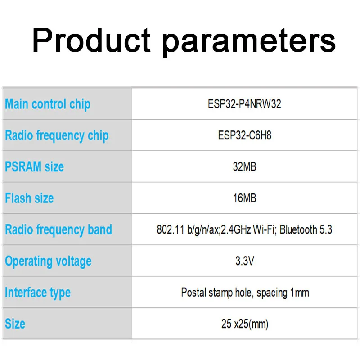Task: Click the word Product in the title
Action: tap(91, 40)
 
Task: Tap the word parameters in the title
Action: tap(249, 43)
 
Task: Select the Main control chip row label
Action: tap(48, 104)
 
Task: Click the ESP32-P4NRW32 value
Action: tap(244, 104)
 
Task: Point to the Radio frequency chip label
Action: tap(57, 136)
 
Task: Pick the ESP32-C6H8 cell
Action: tap(244, 135)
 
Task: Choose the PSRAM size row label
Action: tap(35, 166)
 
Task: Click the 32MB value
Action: tap(244, 166)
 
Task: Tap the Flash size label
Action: tap(29, 198)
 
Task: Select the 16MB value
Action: tap(244, 198)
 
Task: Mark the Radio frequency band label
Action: tap(58, 230)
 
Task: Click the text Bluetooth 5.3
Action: tap(306, 229)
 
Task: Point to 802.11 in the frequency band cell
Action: tap(171, 229)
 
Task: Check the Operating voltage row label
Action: tap(48, 262)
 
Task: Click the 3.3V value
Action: tap(245, 261)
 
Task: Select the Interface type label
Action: tap(38, 293)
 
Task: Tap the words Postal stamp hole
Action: tap(217, 293)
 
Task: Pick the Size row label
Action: tap(15, 324)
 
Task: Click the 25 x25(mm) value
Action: tap(245, 324)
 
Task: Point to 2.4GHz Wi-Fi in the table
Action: tap(248, 229)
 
